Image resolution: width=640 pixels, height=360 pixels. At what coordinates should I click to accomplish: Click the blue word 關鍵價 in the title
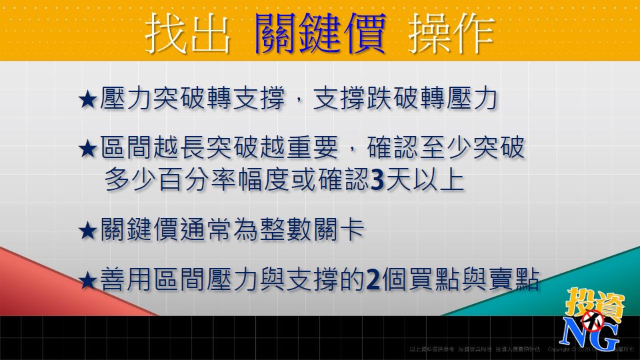point(320,33)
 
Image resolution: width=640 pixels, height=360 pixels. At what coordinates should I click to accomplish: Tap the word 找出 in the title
point(188,33)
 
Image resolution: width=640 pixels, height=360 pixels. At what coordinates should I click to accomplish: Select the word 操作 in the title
point(453,33)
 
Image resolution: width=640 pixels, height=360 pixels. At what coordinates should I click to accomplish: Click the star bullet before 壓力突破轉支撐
point(88,101)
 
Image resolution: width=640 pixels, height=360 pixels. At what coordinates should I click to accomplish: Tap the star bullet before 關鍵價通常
point(88,231)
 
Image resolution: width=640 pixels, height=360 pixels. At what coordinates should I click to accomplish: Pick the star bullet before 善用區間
point(88,281)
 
